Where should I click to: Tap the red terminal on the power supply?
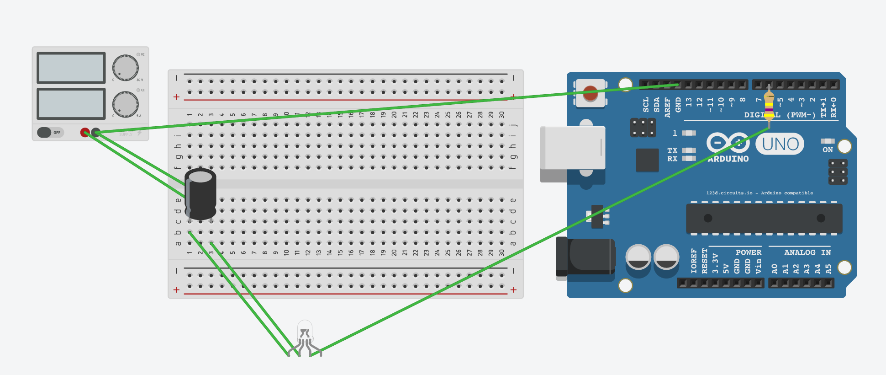84,133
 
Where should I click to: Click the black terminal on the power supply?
95,133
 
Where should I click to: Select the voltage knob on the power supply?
126,68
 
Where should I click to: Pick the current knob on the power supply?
126,104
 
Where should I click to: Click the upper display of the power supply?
71,68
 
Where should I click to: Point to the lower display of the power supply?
71,104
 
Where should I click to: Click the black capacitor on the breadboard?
200,194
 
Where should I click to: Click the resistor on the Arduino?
769,106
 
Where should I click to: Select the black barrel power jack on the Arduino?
585,256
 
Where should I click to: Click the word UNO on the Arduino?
780,145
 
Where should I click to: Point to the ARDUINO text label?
728,159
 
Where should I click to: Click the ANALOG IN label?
807,252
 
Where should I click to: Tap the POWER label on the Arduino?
749,252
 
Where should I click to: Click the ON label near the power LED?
828,150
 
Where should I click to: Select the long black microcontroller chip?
764,218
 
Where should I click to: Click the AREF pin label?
667,107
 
